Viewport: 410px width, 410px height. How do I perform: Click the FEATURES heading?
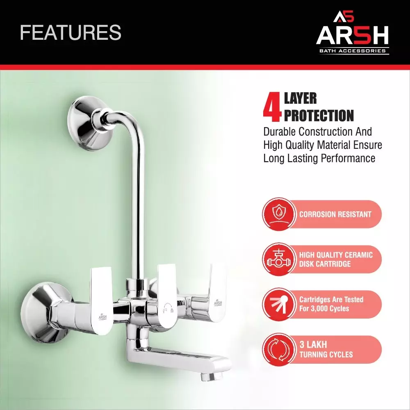click(71, 33)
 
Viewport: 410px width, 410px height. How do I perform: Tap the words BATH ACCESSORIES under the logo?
click(353, 51)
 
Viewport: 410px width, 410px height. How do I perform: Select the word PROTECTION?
click(319, 115)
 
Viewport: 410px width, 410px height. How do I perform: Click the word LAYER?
click(300, 99)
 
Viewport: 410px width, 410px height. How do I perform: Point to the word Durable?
click(279, 132)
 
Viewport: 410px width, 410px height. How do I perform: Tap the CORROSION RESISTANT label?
click(335, 214)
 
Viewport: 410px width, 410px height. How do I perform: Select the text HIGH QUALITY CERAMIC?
click(336, 255)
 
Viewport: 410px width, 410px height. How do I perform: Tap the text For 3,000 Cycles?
click(324, 309)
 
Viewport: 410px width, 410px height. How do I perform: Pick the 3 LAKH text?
click(313, 344)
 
